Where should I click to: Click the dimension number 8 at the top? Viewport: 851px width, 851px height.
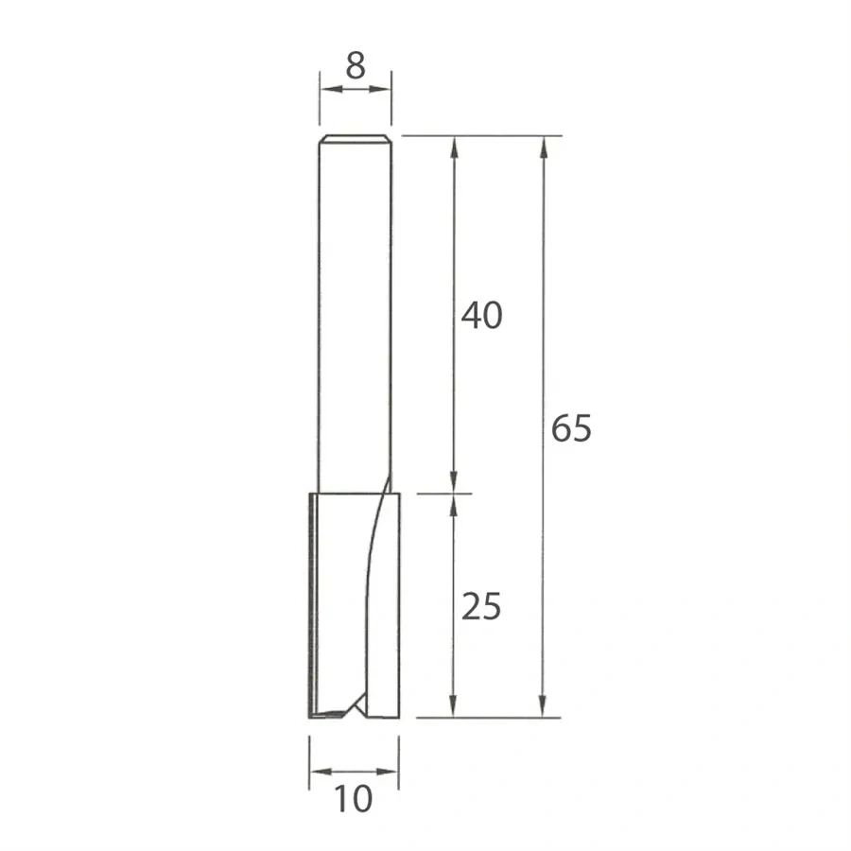pos(356,65)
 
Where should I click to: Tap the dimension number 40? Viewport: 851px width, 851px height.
pos(481,316)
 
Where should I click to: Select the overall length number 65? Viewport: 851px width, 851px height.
pos(571,428)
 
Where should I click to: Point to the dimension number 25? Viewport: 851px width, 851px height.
pos(481,606)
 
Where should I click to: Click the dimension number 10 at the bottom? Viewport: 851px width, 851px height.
pos(354,800)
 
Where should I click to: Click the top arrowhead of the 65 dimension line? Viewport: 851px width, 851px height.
pos(544,145)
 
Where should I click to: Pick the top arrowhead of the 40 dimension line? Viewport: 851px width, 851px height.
pos(454,145)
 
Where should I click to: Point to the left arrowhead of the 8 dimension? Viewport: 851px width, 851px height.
pos(327,89)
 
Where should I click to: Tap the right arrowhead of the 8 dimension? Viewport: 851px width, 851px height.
pos(384,89)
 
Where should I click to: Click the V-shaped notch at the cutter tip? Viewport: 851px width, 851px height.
pos(357,704)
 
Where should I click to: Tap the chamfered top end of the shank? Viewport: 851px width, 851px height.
pos(356,138)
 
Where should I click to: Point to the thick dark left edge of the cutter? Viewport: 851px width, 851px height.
pos(311,605)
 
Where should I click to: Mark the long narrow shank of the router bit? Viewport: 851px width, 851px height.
pos(356,312)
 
